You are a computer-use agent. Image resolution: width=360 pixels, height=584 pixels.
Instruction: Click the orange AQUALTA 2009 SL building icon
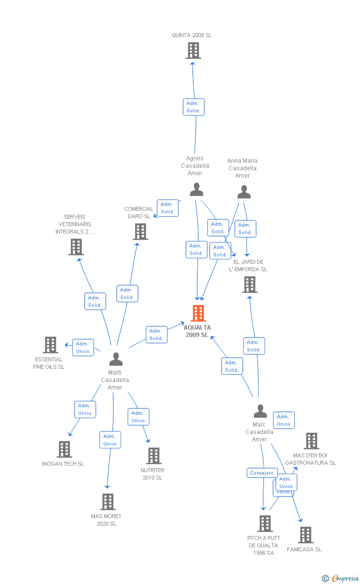pos(198,313)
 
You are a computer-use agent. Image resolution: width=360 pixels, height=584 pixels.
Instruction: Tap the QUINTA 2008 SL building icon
pos(193,50)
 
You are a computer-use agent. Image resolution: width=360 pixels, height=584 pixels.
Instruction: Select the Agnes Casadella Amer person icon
pos(196,190)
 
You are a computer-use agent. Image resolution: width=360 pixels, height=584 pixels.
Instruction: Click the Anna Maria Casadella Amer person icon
pos(244,192)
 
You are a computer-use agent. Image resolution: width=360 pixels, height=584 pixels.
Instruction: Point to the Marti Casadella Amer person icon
pos(116,359)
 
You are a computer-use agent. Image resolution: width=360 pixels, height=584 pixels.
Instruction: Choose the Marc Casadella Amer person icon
pos(260,411)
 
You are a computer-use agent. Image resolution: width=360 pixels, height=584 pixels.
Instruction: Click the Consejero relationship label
pos(262,473)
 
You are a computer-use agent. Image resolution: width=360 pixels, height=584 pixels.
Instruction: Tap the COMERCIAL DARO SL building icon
pos(140,231)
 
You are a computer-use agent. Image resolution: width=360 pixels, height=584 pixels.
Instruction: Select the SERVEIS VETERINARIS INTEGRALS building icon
pos(76,246)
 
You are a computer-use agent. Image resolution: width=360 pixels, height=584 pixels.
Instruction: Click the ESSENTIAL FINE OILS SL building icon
pos(50,345)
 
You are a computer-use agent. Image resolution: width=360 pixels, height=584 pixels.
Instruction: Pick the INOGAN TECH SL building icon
pos(64,449)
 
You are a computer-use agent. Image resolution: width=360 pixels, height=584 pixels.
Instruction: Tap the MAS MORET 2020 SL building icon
pos(108,502)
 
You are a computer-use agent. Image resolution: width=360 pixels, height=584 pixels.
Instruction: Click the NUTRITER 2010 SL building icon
pos(154,456)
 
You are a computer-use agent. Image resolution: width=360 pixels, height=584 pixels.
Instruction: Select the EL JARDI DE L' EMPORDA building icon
pos(250,285)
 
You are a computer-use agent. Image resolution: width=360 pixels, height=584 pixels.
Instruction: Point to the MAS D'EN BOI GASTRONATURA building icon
pos(311,441)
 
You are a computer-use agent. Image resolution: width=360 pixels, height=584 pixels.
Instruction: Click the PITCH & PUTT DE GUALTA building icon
pos(265,524)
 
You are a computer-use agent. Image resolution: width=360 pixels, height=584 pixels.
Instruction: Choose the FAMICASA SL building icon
pos(306,535)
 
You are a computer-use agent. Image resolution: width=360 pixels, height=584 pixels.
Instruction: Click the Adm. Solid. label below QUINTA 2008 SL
pos(193,107)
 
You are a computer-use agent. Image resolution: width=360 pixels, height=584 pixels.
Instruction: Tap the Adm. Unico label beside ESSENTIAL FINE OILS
pos(83,347)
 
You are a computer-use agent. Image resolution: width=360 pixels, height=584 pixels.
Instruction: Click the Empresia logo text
pos(345,578)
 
